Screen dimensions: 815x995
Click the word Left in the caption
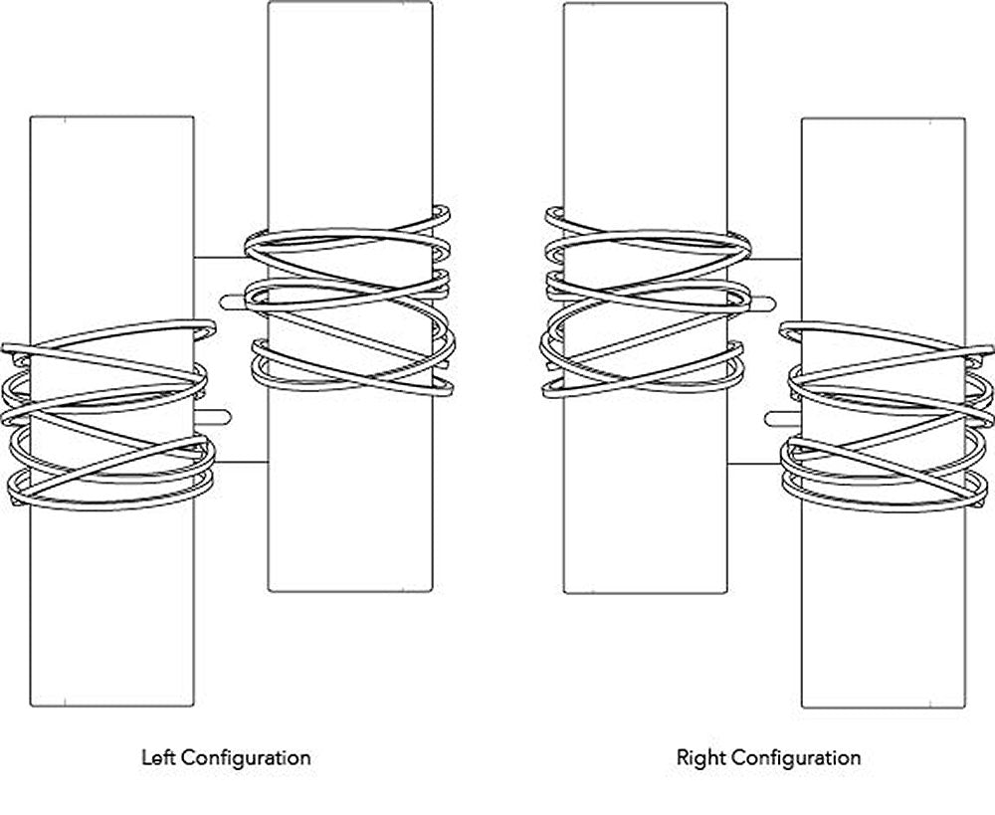[158, 757]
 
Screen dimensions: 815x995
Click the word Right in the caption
[698, 757]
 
